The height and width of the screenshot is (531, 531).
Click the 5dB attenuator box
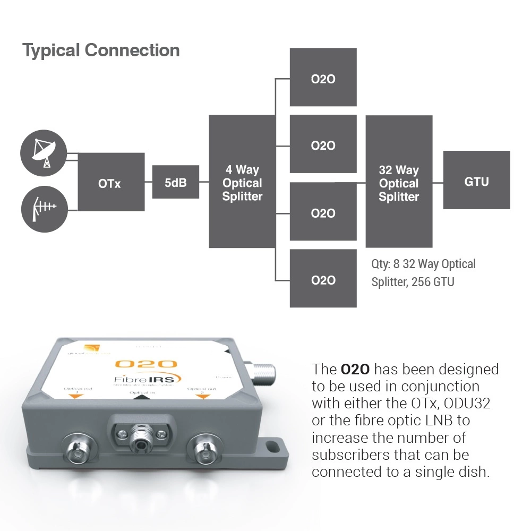click(x=176, y=182)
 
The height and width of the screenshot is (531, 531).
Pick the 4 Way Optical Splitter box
click(x=242, y=182)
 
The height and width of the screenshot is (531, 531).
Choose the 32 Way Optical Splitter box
click(x=399, y=182)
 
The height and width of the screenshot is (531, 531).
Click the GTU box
click(x=476, y=180)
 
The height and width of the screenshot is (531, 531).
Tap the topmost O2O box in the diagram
click(x=323, y=77)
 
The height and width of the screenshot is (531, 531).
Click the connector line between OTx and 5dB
click(x=149, y=182)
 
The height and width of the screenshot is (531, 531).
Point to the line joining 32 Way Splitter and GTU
click(x=438, y=182)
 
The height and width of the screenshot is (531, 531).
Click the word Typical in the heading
click(x=51, y=51)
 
